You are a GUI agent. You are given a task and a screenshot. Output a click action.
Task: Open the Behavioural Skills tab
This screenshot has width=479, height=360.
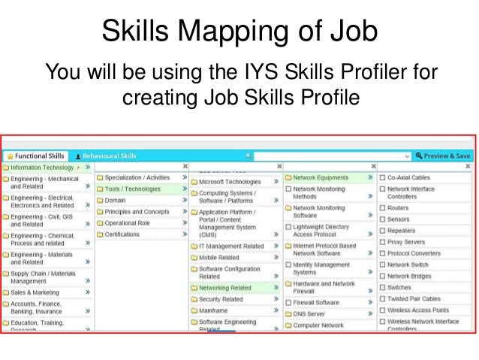tap(110, 156)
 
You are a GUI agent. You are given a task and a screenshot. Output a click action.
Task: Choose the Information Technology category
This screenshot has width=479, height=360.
tap(42, 168)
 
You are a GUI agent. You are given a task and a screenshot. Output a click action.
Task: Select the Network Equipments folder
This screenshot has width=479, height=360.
tap(321, 178)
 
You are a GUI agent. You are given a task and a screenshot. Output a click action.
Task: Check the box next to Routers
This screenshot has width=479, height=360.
tap(382, 207)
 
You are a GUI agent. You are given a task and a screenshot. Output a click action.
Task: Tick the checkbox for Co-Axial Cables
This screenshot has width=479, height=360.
tap(382, 178)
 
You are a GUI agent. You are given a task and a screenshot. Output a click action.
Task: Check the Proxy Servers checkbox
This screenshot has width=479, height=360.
tap(382, 242)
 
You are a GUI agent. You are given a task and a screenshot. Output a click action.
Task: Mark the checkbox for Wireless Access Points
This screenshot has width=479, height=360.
tap(382, 310)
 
